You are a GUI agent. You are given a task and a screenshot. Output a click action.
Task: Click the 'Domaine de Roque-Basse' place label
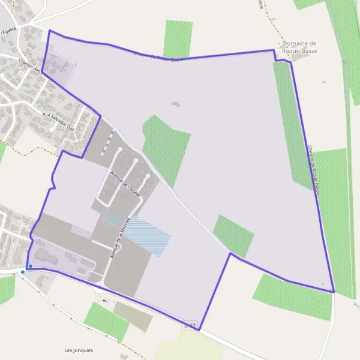(299, 47)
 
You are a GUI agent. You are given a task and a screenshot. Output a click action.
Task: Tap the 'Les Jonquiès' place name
(79, 350)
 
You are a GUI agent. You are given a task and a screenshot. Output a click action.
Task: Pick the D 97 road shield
(190, 326)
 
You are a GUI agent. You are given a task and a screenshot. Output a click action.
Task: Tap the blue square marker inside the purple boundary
(31, 266)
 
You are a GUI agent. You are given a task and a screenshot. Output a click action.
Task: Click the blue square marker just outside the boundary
(23, 272)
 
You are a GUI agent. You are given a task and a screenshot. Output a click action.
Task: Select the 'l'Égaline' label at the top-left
(8, 30)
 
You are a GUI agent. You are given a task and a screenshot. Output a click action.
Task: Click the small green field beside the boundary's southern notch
(234, 235)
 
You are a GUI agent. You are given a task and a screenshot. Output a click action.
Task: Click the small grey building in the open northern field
(175, 104)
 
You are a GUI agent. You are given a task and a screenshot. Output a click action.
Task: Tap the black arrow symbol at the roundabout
(106, 300)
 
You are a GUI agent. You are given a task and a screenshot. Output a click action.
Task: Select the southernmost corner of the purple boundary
(199, 330)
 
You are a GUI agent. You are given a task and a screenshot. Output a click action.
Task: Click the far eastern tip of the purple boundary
(334, 292)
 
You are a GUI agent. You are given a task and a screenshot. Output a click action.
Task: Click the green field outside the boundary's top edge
(178, 38)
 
